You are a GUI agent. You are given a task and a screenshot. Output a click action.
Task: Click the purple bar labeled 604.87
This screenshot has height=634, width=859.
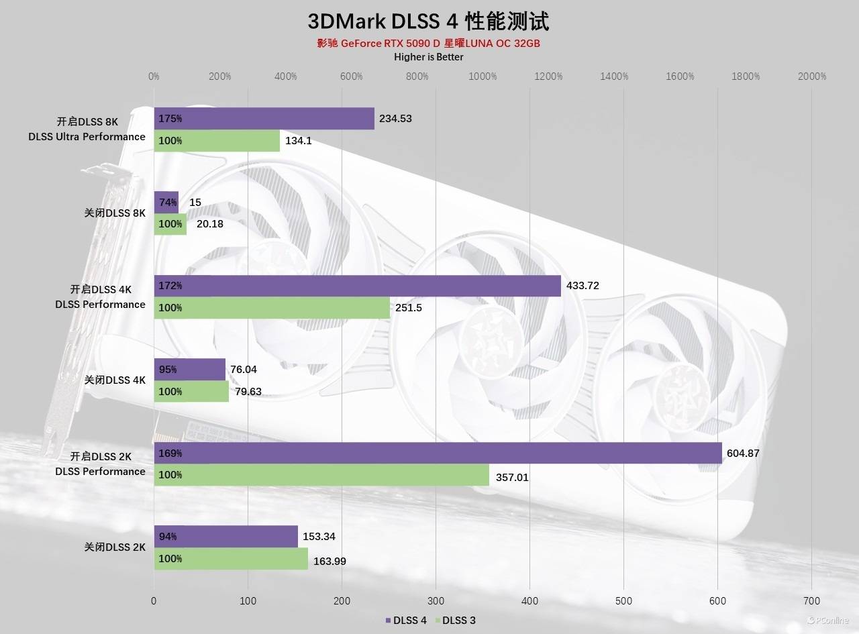tap(438, 453)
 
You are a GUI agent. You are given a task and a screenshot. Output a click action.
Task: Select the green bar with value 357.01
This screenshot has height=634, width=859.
tap(321, 475)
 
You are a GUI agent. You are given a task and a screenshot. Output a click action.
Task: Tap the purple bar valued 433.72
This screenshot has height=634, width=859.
tap(357, 286)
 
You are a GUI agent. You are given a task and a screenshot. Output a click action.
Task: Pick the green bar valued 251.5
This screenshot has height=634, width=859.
tap(272, 308)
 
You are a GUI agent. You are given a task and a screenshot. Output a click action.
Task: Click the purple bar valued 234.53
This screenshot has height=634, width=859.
tap(264, 119)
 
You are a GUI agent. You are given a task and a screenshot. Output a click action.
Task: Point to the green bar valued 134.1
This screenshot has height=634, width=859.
tap(217, 141)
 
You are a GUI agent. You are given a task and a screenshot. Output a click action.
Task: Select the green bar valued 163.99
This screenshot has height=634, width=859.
tap(231, 559)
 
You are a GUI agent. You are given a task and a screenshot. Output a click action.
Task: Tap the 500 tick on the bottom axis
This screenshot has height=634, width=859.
tap(623, 601)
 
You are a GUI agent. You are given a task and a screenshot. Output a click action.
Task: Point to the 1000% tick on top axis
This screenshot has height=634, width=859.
tap(483, 76)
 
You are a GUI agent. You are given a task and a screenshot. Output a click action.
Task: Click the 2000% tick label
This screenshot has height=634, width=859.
tap(812, 76)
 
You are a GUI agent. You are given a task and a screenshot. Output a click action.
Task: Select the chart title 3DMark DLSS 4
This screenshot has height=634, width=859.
tap(429, 21)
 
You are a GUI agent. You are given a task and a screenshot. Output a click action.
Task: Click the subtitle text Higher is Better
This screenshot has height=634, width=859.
tap(429, 57)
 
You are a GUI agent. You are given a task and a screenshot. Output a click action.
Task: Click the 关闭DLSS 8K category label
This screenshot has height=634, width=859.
tap(115, 213)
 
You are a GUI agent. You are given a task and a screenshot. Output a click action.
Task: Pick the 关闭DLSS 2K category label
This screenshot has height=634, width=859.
tap(115, 547)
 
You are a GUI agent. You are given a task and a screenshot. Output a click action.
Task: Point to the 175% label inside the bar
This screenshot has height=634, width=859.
tap(170, 119)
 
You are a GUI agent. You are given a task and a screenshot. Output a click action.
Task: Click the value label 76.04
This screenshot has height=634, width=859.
tap(243, 369)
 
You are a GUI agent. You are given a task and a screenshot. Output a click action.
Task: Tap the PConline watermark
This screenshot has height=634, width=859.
tap(829, 621)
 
